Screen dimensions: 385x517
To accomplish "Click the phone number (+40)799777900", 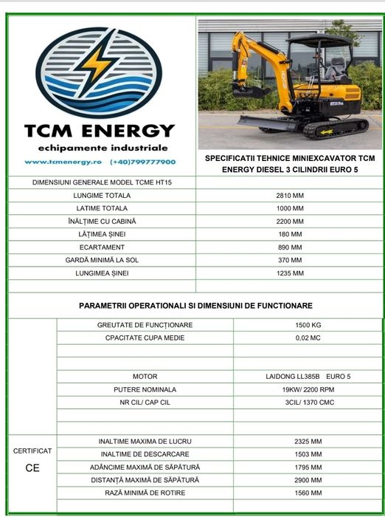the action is (143, 162).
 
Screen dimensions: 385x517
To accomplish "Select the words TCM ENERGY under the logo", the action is (100, 131).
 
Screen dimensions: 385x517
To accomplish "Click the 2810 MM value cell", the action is (291, 196).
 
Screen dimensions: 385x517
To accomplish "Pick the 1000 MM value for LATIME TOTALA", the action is (291, 208).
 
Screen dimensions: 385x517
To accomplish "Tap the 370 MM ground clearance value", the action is (291, 260).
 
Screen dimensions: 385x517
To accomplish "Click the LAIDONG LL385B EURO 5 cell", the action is (308, 377).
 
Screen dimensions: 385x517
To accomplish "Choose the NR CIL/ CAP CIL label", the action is (145, 403).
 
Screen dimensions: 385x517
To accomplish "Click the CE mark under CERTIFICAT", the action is (32, 468).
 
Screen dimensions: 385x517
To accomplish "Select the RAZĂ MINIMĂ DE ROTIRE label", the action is (145, 493).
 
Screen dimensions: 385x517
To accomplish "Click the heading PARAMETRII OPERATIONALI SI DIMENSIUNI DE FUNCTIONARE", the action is (195, 305).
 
